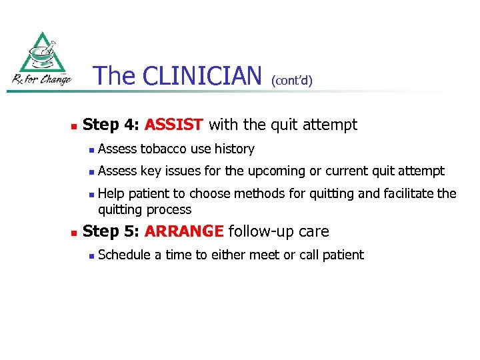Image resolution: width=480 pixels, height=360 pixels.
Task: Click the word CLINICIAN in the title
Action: tap(202, 76)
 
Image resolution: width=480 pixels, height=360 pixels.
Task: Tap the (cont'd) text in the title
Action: tap(291, 80)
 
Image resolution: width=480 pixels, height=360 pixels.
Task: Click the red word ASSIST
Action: tap(173, 125)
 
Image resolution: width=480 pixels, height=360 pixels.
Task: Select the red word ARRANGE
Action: tap(184, 232)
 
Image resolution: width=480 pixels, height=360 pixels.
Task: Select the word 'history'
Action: tap(234, 149)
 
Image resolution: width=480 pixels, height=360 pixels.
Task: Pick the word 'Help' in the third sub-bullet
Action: tap(111, 194)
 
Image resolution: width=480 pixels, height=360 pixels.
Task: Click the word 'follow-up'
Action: tap(256, 232)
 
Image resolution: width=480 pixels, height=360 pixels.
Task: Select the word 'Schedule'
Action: tap(124, 255)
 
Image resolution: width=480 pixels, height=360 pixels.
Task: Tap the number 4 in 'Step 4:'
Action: tap(131, 125)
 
